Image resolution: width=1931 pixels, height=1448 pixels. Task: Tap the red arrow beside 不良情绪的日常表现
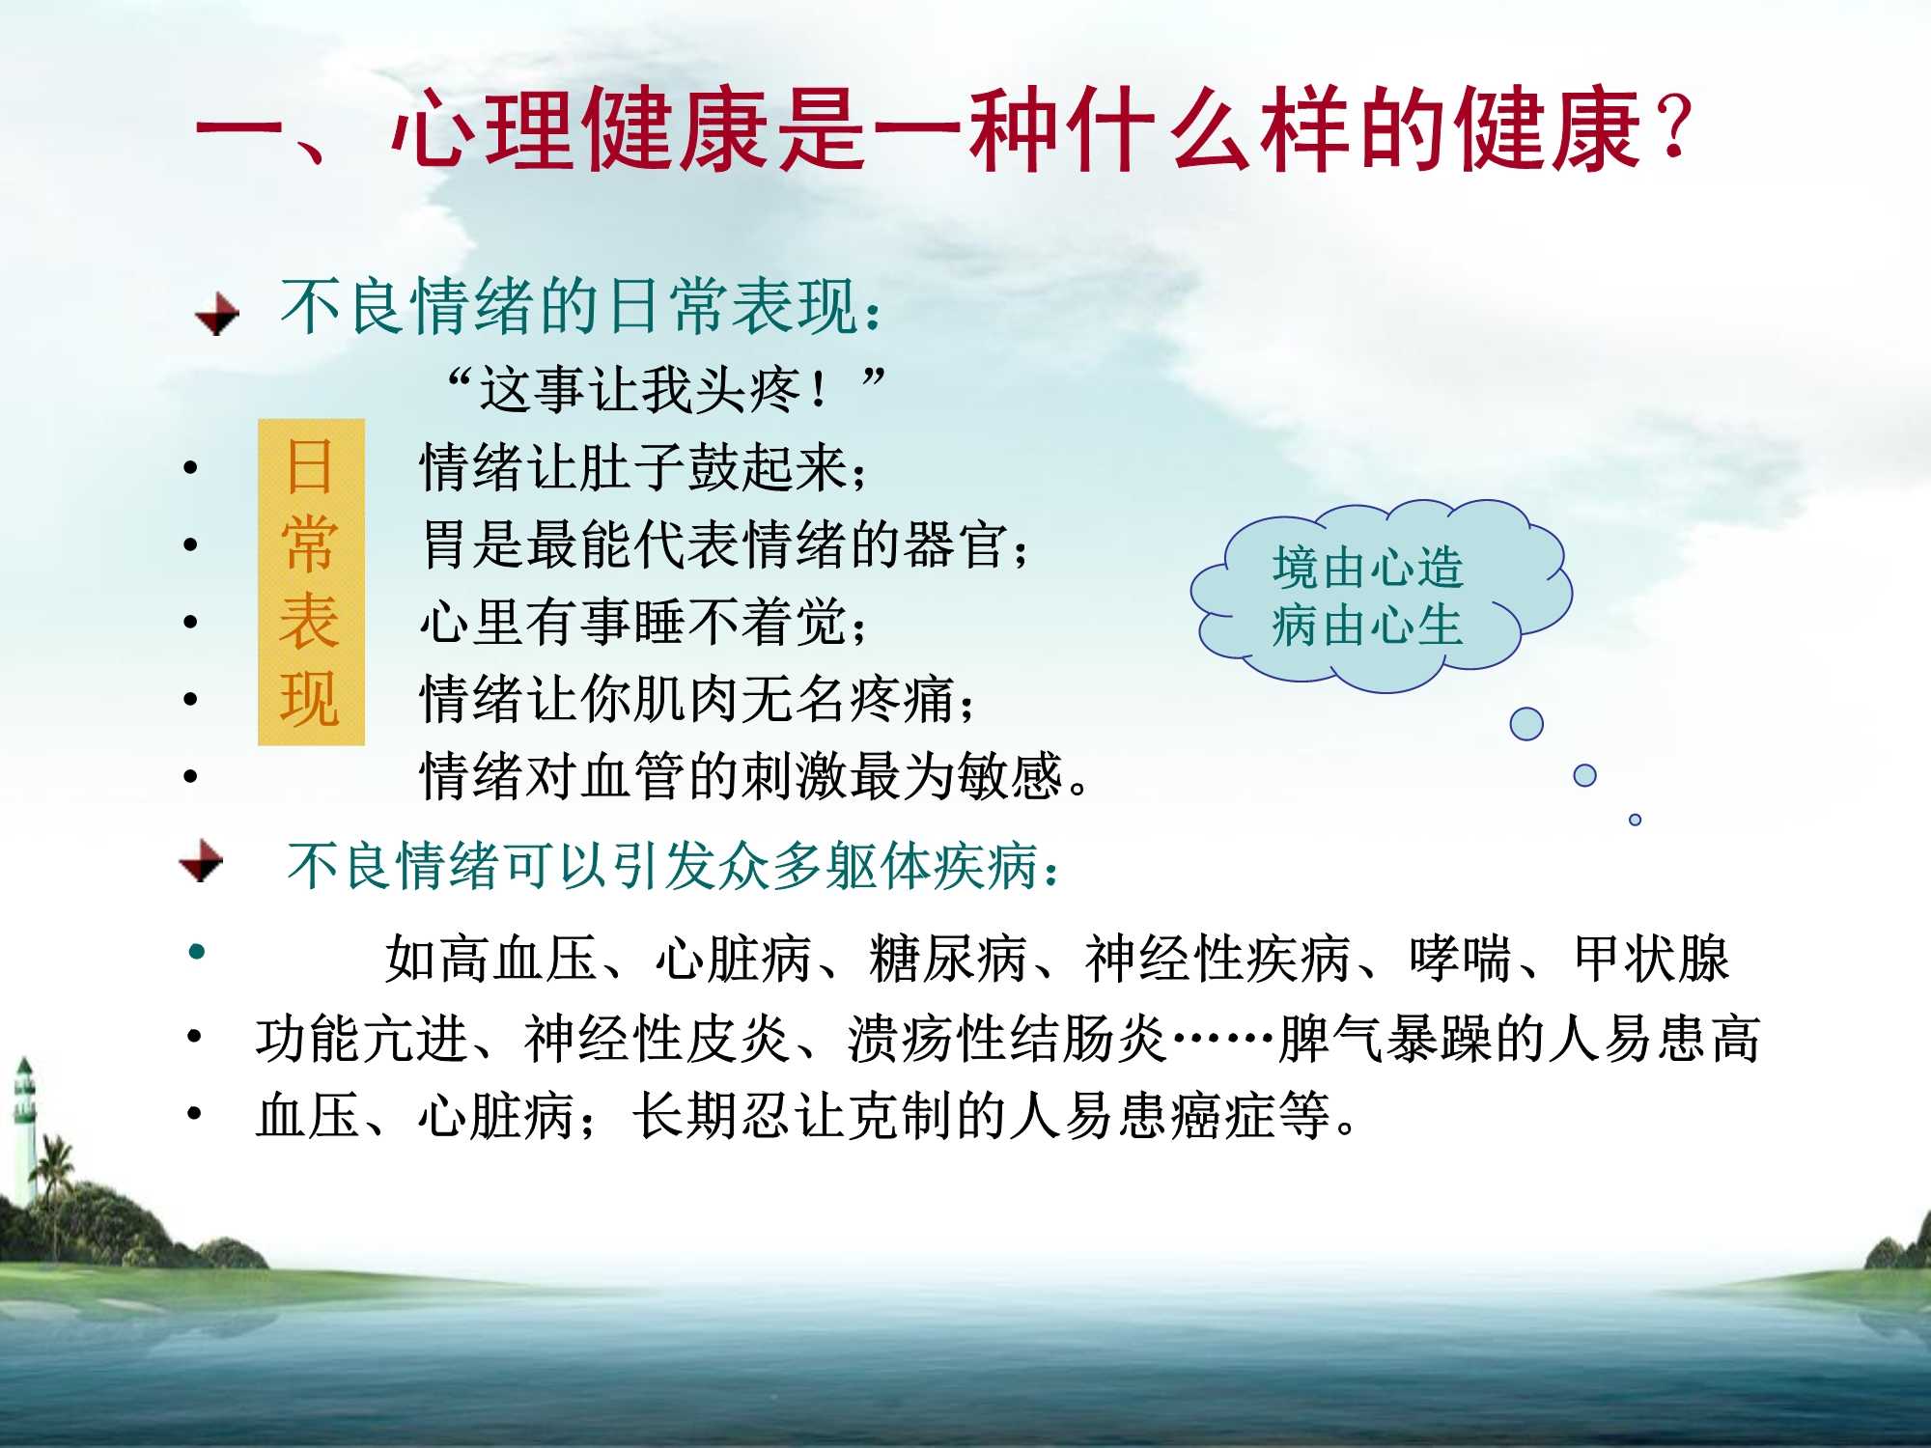tap(217, 314)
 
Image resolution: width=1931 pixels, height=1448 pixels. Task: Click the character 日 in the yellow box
tap(310, 467)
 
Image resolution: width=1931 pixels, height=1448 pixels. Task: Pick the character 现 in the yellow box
tap(310, 699)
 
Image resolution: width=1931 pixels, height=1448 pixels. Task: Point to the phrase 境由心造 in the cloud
tap(1367, 568)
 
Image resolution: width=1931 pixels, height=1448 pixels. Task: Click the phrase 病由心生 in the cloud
tap(1367, 626)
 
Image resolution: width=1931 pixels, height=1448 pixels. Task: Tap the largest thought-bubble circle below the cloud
tap(1526, 724)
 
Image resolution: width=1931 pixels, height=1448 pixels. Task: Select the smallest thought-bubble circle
tap(1635, 820)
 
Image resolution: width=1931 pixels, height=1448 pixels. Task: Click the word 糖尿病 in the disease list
tap(947, 960)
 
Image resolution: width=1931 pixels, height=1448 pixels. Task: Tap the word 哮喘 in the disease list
tap(1460, 960)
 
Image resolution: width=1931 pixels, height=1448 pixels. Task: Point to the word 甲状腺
tap(1651, 960)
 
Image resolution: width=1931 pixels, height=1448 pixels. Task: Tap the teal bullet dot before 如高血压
tap(198, 952)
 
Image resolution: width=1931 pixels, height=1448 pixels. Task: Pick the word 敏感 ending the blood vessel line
tap(1009, 777)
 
